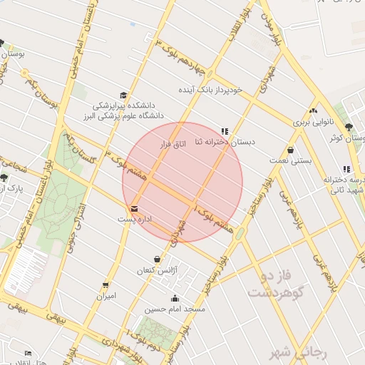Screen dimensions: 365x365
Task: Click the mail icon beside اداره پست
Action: (135, 208)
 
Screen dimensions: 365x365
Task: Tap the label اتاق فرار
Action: (173, 144)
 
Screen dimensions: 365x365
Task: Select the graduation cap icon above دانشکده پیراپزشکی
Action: (124, 95)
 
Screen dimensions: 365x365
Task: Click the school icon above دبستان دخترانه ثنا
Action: (225, 131)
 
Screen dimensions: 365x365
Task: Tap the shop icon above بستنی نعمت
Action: (291, 150)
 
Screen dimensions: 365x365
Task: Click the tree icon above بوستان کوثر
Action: (349, 127)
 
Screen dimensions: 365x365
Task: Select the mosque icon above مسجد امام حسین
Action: (175, 298)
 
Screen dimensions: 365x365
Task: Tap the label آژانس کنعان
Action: (158, 271)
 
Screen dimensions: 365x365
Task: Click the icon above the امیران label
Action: (106, 284)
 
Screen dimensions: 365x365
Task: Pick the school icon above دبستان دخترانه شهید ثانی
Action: (346, 169)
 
